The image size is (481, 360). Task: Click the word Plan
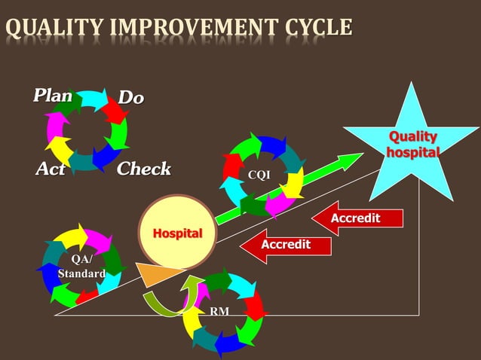click(x=52, y=96)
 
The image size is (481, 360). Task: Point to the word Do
click(x=131, y=98)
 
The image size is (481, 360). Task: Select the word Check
click(x=144, y=169)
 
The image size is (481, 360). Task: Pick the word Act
click(x=51, y=169)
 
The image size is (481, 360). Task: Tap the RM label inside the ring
click(x=220, y=311)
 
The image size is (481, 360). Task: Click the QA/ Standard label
click(x=81, y=267)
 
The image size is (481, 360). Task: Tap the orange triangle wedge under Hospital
click(x=159, y=274)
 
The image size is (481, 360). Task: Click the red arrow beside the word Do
click(x=115, y=111)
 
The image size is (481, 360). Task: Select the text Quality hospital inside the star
click(x=412, y=144)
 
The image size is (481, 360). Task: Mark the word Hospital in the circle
click(x=178, y=233)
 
